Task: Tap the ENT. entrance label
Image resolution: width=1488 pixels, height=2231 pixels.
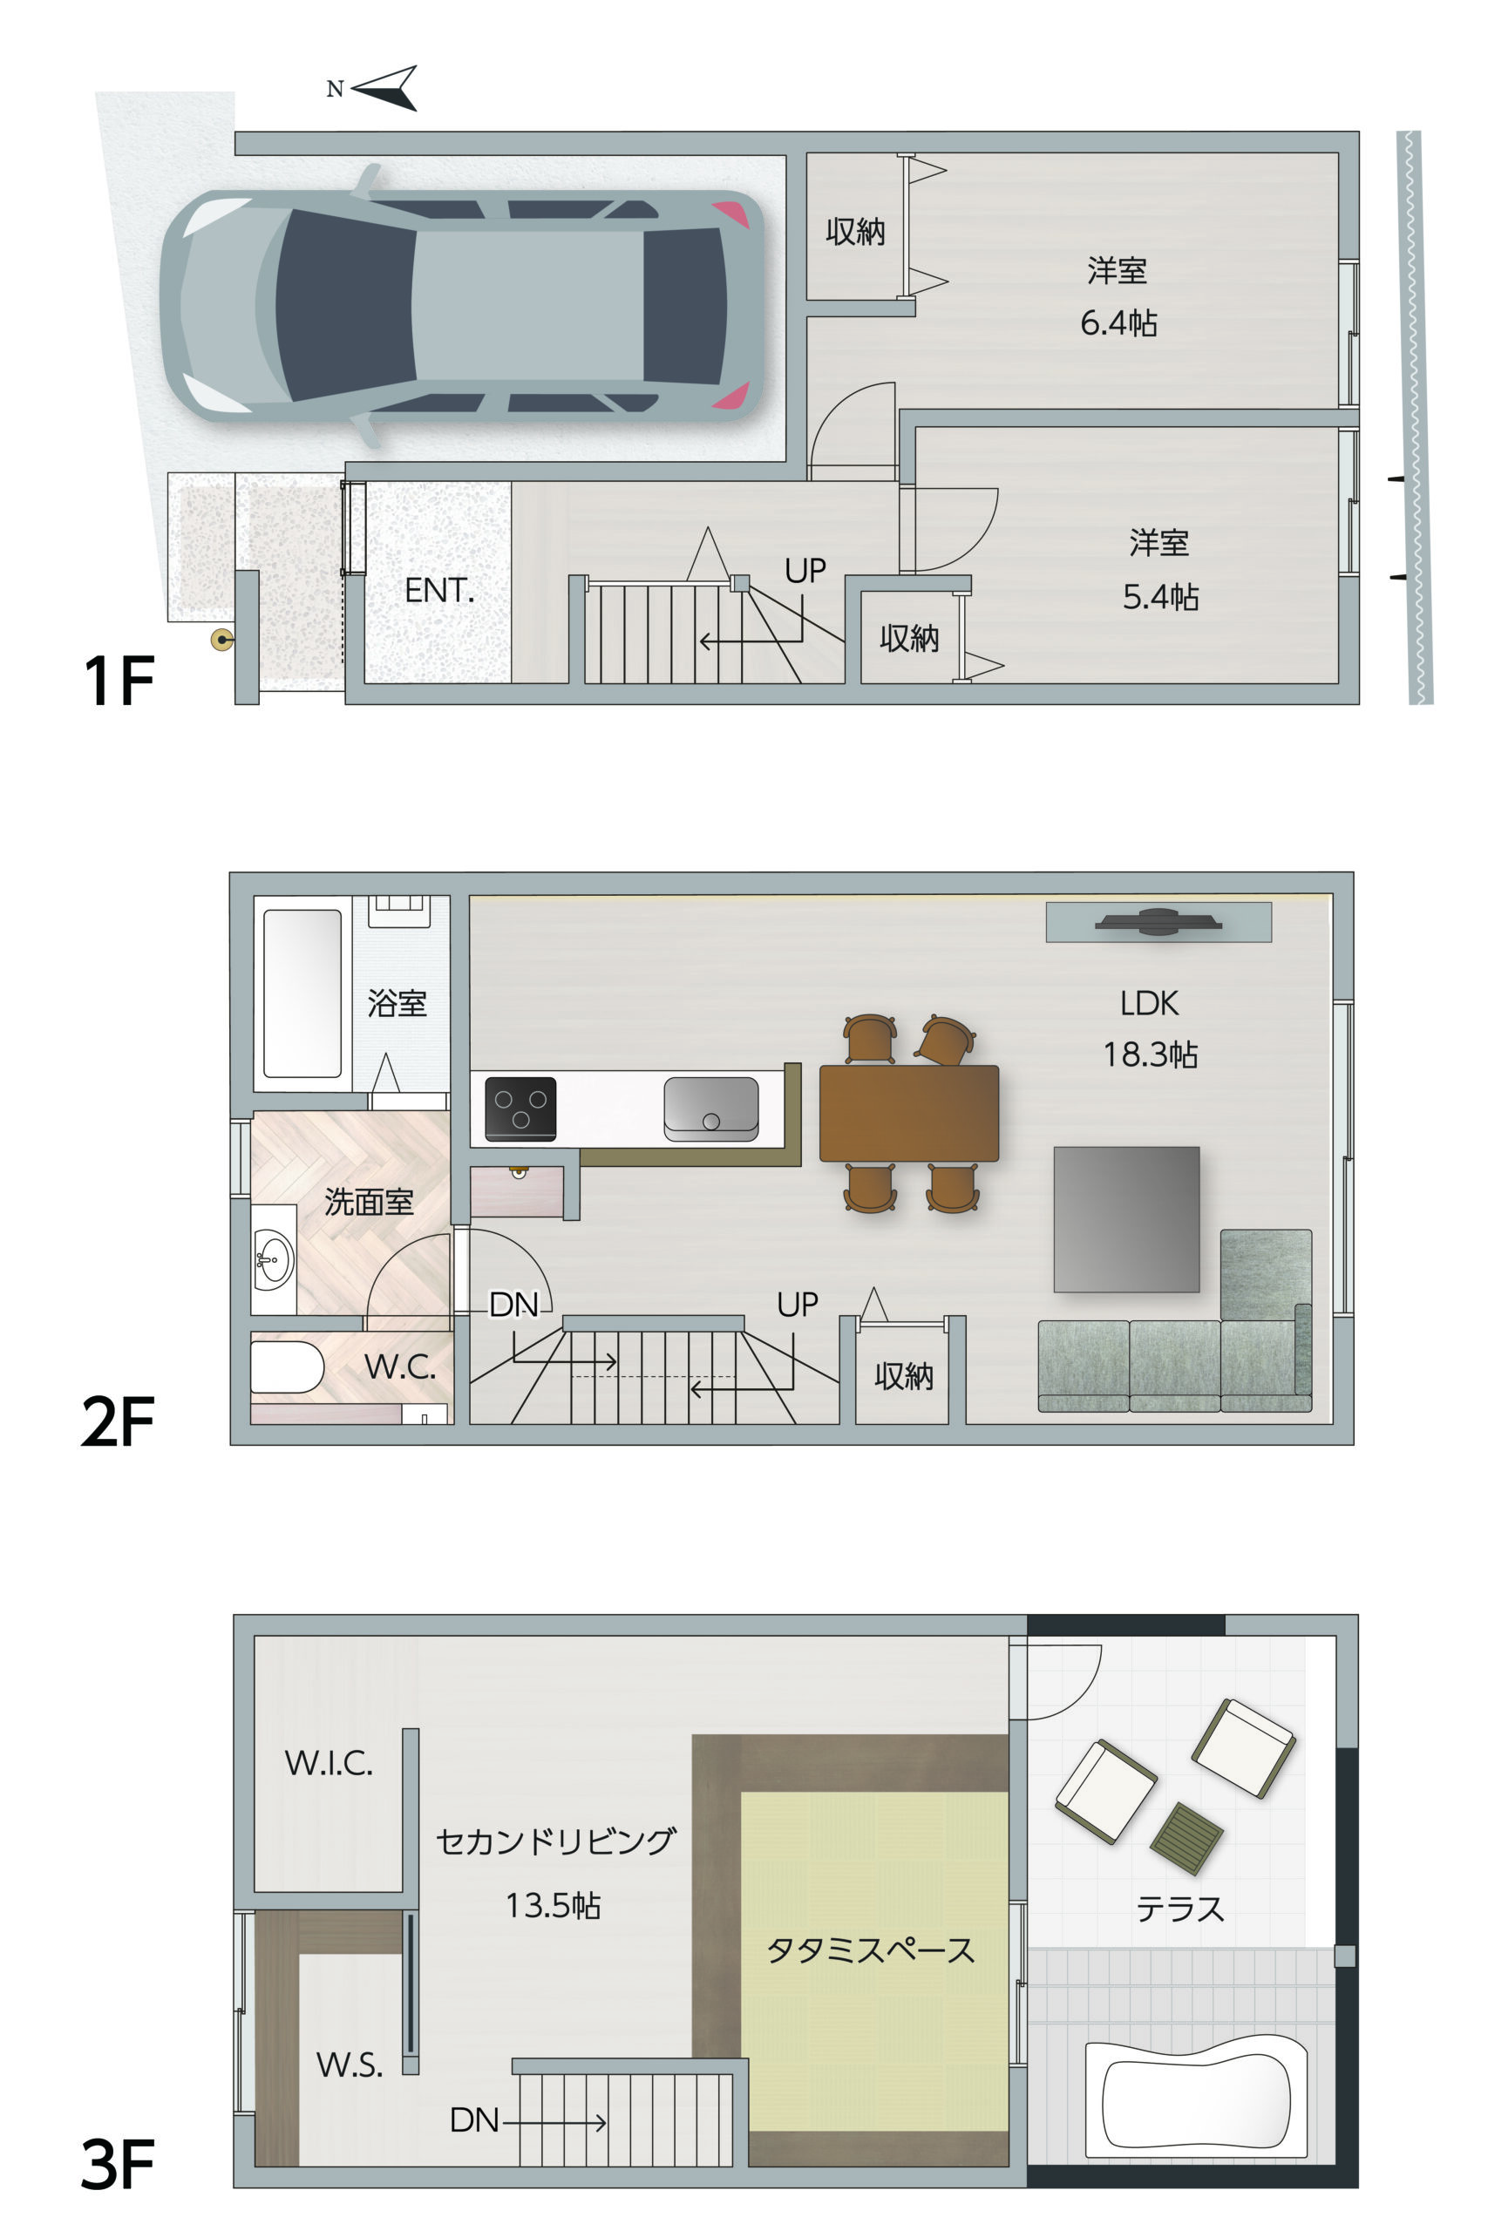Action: pos(439,590)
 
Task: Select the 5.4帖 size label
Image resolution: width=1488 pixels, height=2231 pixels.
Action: pos(1160,597)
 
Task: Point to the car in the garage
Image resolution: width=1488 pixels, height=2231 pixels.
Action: pos(462,305)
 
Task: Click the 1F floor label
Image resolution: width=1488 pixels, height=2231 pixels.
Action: pos(119,681)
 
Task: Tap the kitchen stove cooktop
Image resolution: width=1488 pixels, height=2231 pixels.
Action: pos(520,1108)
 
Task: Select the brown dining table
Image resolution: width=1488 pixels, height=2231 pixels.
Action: pos(909,1114)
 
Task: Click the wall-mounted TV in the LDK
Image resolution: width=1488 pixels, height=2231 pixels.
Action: pos(1158,921)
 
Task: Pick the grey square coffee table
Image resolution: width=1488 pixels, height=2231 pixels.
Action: pos(1126,1219)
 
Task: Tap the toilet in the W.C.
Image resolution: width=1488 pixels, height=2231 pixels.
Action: pos(287,1366)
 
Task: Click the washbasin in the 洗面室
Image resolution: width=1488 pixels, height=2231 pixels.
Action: pos(274,1259)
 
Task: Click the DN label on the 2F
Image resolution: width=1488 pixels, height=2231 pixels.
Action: pos(513,1305)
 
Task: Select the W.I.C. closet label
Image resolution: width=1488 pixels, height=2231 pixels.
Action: pos(329,1763)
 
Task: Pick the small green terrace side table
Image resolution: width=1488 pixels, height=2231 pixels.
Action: pos(1186,1838)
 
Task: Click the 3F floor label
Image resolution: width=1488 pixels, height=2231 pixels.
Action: pos(118,2166)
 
